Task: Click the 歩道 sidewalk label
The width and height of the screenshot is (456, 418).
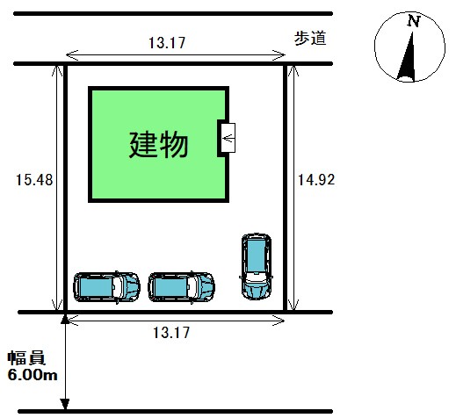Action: click(x=310, y=39)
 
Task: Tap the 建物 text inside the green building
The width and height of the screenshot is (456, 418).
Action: click(x=158, y=145)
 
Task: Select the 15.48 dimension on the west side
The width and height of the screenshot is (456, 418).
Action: click(x=34, y=180)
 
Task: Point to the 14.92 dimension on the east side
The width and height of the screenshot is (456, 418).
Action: click(x=316, y=179)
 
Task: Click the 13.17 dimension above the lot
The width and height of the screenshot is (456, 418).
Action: click(x=167, y=43)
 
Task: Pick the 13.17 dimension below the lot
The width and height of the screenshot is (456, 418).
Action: click(x=171, y=333)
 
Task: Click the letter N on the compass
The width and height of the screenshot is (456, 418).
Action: click(x=414, y=21)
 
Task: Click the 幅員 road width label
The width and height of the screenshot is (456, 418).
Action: click(x=26, y=358)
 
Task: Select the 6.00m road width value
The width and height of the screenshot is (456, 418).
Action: click(x=33, y=375)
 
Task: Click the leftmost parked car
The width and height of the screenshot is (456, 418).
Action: click(x=106, y=287)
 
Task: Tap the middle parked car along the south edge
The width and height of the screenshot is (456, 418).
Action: click(x=181, y=287)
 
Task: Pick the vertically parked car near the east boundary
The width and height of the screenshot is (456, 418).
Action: click(x=257, y=266)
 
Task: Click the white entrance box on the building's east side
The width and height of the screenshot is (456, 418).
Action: click(x=228, y=138)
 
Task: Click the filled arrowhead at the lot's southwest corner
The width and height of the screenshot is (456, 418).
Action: click(x=65, y=319)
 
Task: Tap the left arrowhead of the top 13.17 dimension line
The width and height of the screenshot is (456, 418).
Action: click(x=72, y=54)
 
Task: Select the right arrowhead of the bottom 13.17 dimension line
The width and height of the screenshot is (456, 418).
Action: click(x=279, y=321)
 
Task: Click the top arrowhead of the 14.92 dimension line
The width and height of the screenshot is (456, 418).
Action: click(x=293, y=71)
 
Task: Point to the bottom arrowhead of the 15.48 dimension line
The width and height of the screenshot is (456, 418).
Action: click(x=57, y=305)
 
